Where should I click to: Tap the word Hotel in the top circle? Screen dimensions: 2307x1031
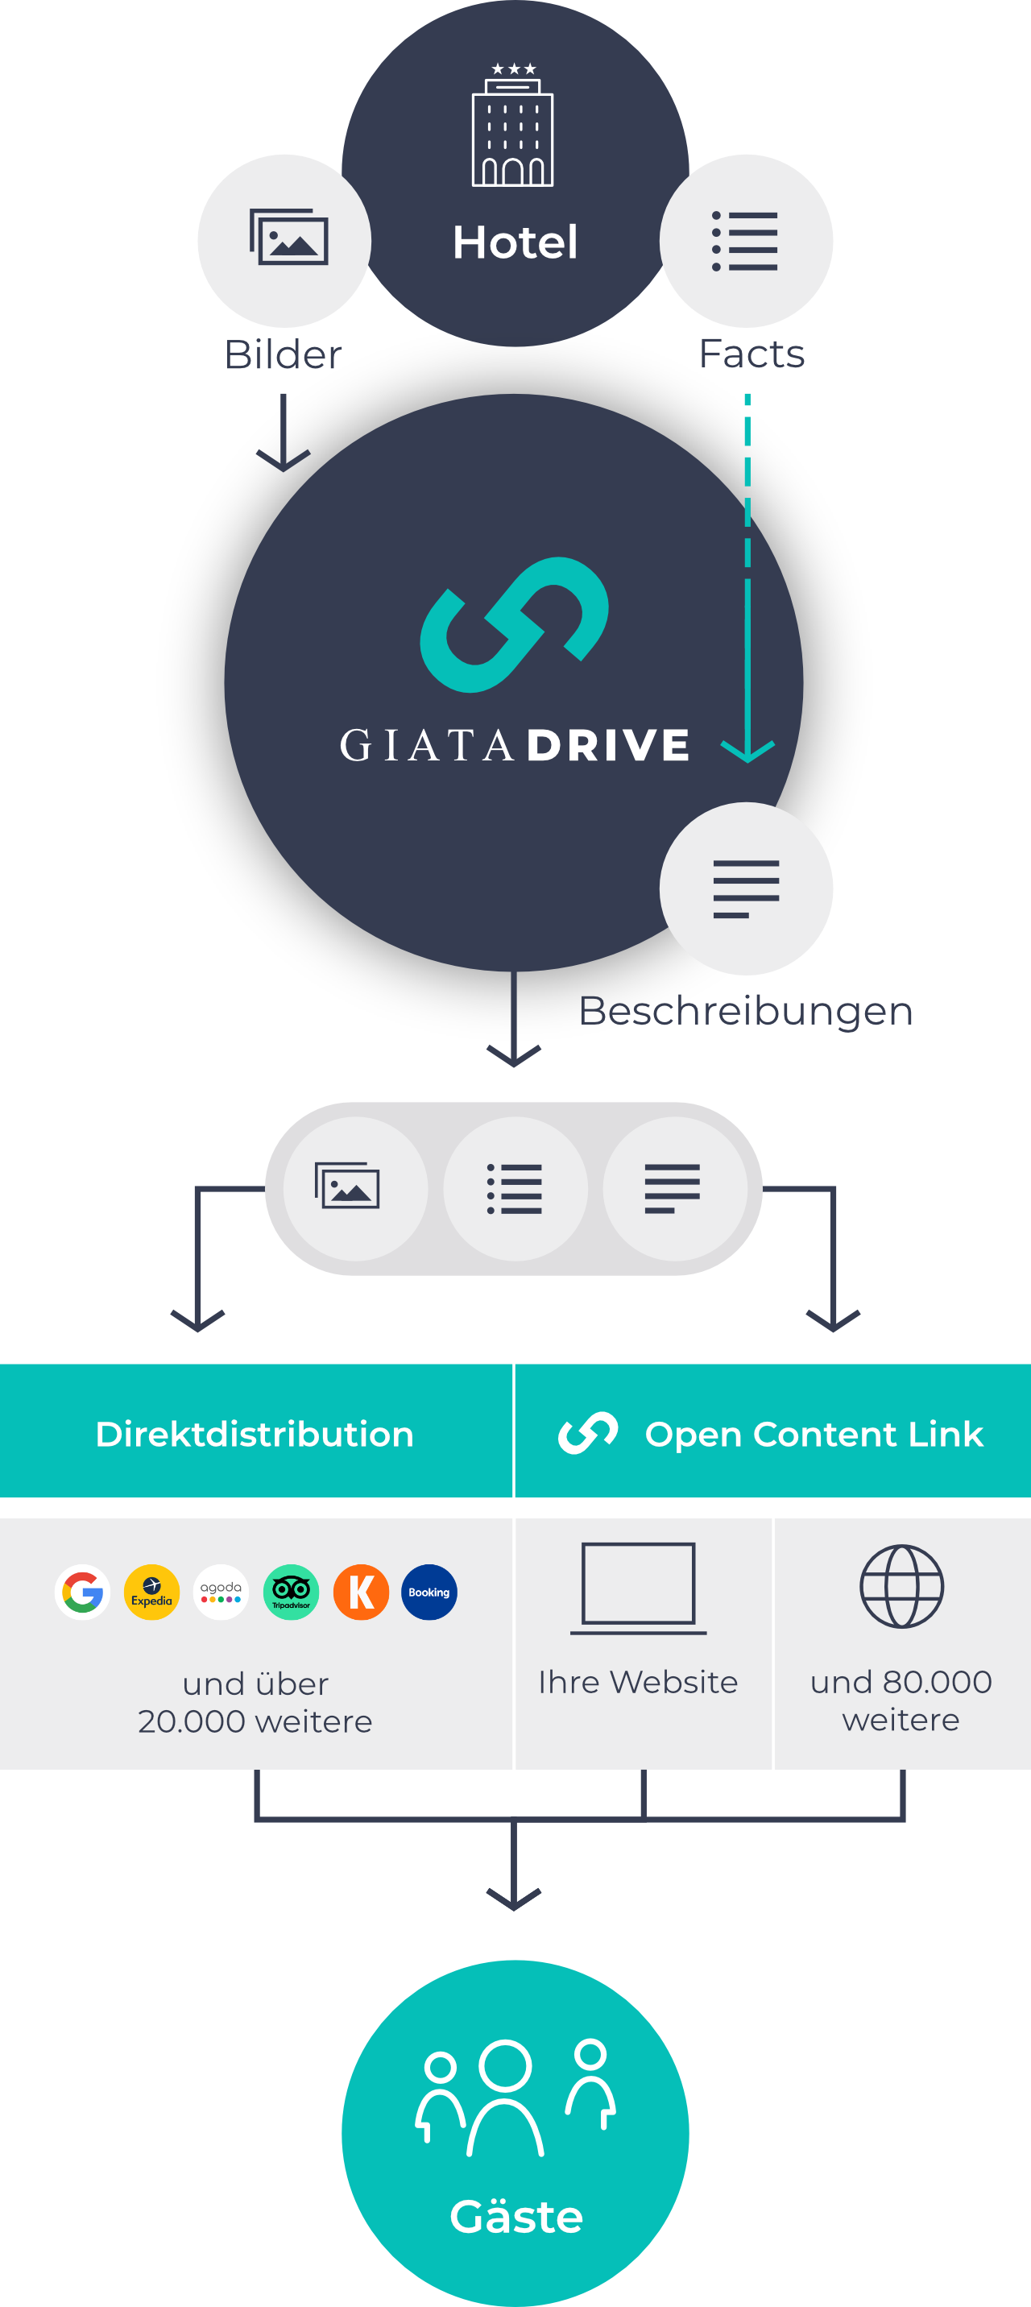[x=515, y=242]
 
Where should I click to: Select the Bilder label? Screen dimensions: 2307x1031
[x=283, y=354]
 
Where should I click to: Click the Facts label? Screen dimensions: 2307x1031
[x=752, y=354]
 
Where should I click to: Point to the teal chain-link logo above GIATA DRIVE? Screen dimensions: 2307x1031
[x=514, y=624]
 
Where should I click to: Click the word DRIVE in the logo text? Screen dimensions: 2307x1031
[x=608, y=745]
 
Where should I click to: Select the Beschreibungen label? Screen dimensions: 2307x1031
[x=745, y=1010]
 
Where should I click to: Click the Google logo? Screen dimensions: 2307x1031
[x=82, y=1593]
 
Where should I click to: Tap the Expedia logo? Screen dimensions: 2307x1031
[x=151, y=1593]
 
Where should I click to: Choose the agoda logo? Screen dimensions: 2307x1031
[x=222, y=1593]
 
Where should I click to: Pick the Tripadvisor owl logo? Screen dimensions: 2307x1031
[x=291, y=1593]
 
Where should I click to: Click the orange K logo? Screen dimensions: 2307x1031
[x=361, y=1593]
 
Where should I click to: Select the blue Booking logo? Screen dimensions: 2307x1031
[x=429, y=1593]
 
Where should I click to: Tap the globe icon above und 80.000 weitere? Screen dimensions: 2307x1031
[x=901, y=1586]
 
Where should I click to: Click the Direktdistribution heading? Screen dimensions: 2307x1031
[x=255, y=1434]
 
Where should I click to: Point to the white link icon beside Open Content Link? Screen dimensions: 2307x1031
[x=588, y=1433]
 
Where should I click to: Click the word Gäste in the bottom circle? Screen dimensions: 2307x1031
[x=516, y=2217]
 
